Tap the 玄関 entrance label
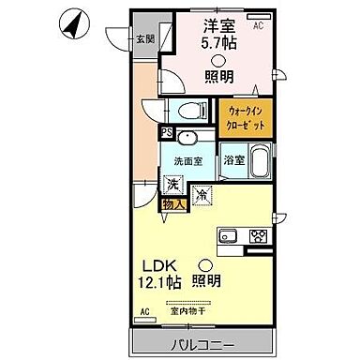143,38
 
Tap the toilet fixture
189,109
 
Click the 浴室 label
234,160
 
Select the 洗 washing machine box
174,185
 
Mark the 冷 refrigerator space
203,195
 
